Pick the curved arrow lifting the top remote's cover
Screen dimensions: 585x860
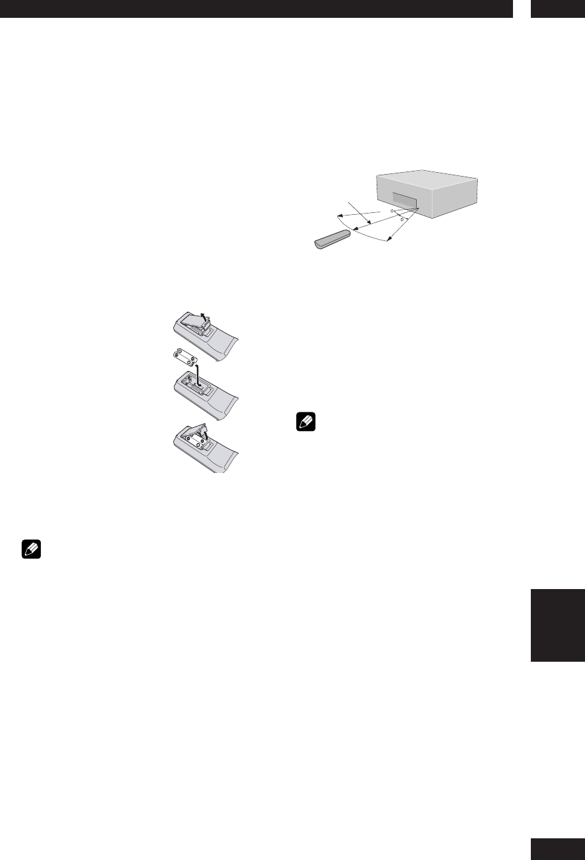point(203,317)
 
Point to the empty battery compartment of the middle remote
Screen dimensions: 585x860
point(191,383)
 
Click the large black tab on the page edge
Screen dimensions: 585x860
point(556,625)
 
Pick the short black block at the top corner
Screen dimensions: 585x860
point(556,8)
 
